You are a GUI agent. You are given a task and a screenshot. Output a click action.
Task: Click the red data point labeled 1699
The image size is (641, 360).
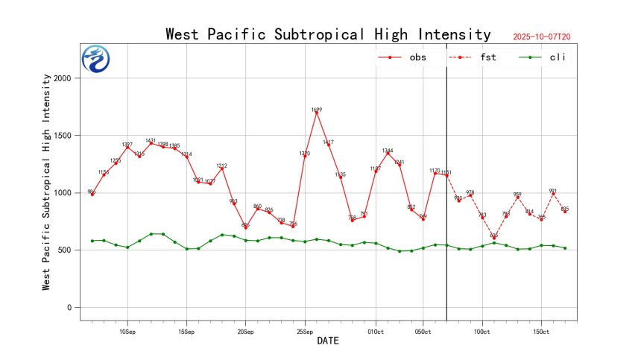click(317, 113)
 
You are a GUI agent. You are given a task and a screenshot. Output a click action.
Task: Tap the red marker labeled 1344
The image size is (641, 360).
click(388, 154)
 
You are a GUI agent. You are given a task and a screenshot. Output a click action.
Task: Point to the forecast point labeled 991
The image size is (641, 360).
click(553, 194)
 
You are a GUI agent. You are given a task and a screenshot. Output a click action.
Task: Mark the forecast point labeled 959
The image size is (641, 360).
click(517, 198)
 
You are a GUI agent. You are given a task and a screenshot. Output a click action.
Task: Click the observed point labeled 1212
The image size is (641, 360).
click(222, 168)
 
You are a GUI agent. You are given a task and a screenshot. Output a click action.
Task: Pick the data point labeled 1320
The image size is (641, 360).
click(305, 156)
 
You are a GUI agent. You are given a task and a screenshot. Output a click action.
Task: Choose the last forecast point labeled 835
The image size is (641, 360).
click(565, 212)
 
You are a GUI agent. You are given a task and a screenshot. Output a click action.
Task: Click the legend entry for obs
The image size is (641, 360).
click(402, 57)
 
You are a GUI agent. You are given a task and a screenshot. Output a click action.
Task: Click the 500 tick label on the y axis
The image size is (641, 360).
click(64, 250)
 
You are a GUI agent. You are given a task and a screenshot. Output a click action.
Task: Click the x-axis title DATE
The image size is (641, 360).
click(328, 341)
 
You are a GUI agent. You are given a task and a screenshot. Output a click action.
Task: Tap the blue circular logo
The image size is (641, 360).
click(95, 59)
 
